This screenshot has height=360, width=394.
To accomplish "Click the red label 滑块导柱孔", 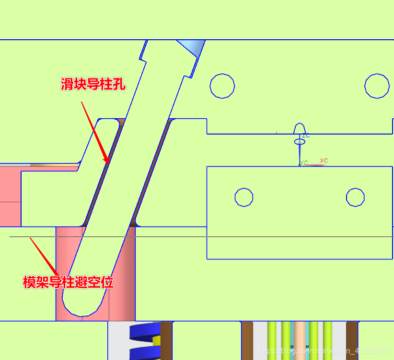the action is click(x=93, y=85).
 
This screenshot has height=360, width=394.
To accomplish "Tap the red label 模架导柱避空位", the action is click(x=69, y=282).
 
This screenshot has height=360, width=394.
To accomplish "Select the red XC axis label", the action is click(x=324, y=161).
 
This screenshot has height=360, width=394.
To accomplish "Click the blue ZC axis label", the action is click(x=306, y=135).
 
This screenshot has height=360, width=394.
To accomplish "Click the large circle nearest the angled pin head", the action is click(x=222, y=86).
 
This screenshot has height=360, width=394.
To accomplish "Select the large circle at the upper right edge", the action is click(x=377, y=86).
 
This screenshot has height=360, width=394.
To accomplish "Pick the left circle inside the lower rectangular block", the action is click(x=244, y=197).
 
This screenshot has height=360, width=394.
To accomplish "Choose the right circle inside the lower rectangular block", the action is click(x=355, y=197).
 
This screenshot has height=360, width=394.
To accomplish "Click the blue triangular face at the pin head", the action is click(x=192, y=48).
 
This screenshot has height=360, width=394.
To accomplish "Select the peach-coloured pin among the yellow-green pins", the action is click(x=300, y=340).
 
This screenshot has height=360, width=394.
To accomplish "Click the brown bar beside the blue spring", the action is click(x=166, y=340).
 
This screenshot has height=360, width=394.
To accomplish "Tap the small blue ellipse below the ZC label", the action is click(x=300, y=142).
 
